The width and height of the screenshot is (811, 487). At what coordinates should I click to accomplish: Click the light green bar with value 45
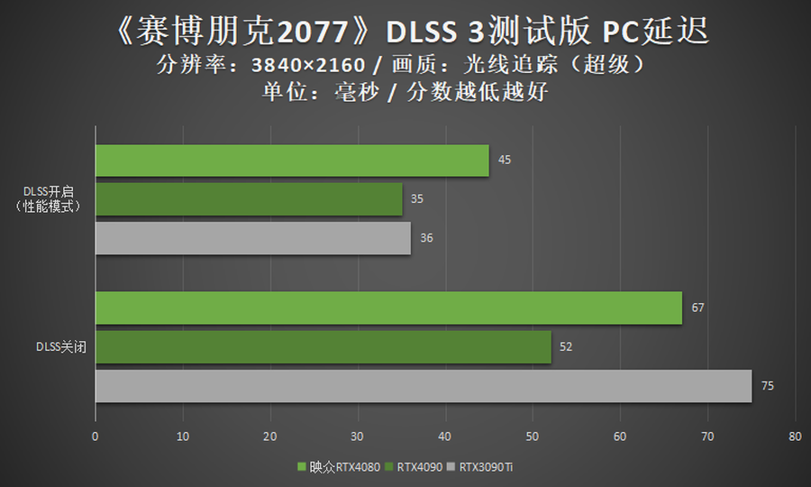[x=292, y=161]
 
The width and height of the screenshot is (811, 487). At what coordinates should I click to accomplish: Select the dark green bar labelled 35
[x=249, y=199]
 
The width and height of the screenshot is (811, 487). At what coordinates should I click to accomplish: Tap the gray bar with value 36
[x=253, y=238]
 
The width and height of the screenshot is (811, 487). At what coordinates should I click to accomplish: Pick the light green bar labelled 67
[x=388, y=308]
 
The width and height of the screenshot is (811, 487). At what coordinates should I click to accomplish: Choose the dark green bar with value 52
[x=323, y=346]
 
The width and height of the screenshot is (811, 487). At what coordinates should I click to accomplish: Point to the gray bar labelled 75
[x=424, y=386]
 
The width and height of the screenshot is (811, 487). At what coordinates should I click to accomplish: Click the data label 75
[x=767, y=386]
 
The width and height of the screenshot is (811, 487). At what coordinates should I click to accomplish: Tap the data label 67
[x=697, y=308]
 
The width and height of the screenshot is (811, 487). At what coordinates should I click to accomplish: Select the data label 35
[x=416, y=199]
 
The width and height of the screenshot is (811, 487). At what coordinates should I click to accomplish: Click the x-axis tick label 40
[x=444, y=436]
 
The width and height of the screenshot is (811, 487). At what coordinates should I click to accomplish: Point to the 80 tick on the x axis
[x=794, y=436]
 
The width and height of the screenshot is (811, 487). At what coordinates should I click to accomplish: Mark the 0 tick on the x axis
[x=96, y=436]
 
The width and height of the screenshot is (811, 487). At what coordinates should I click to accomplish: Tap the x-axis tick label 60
[x=619, y=436]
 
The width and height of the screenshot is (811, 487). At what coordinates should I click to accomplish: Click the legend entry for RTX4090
[x=417, y=467]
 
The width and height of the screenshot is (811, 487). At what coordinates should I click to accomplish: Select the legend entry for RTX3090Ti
[x=486, y=467]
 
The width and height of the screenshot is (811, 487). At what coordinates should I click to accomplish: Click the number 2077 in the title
[x=319, y=33]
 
